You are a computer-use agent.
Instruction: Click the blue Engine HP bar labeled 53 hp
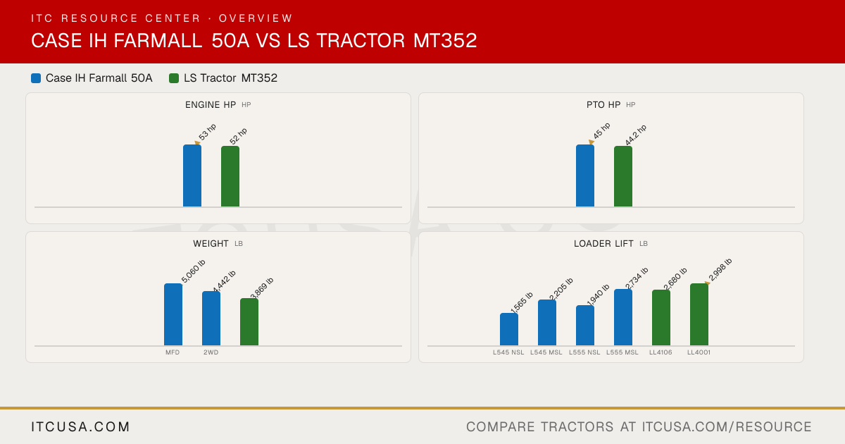click(192, 175)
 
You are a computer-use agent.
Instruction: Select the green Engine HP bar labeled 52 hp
click(230, 176)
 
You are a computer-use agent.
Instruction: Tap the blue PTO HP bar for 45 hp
click(585, 175)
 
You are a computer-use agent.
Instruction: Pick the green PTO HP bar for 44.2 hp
click(623, 176)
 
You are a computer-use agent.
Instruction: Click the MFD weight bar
click(173, 314)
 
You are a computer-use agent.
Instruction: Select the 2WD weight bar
click(211, 319)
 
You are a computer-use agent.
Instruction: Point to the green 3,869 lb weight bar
click(249, 321)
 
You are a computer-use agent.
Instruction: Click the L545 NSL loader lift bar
click(509, 329)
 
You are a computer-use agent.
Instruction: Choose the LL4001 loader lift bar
click(699, 314)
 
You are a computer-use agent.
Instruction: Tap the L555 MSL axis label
click(622, 352)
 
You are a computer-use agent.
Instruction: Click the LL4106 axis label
click(661, 352)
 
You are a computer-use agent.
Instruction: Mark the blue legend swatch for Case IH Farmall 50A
click(36, 78)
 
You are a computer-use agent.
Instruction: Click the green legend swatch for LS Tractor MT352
click(174, 78)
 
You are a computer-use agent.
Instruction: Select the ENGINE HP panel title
click(211, 104)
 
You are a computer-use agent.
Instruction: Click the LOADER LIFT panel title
click(603, 244)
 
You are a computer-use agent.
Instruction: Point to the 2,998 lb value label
click(720, 269)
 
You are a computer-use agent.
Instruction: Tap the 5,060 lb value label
click(194, 271)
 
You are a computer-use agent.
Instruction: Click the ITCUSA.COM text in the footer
click(80, 426)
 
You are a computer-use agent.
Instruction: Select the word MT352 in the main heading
click(445, 41)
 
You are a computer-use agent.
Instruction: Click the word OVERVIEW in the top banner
click(256, 18)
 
